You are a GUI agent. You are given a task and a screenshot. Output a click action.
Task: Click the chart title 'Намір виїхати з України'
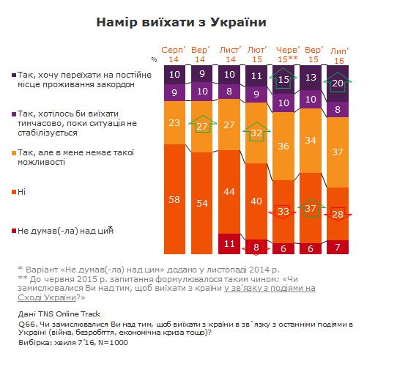[181, 22]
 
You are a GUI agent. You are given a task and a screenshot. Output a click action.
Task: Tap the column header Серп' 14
[174, 54]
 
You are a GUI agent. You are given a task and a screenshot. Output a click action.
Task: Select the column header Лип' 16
[339, 56]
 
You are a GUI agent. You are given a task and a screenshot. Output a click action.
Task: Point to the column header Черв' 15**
[288, 54]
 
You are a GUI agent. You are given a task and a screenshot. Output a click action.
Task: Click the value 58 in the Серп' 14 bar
[174, 199]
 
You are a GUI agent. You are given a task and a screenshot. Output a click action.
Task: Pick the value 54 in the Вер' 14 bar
[201, 203]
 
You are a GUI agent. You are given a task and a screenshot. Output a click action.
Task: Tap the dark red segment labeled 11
[229, 244]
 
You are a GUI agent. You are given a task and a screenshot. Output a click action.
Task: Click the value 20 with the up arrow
[338, 83]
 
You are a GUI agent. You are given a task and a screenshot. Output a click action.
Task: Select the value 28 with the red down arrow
[338, 215]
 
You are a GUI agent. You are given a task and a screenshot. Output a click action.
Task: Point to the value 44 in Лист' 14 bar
[229, 191]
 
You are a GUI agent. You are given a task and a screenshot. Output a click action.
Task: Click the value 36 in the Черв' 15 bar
[283, 147]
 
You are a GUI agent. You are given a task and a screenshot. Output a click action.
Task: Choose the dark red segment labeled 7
[338, 247]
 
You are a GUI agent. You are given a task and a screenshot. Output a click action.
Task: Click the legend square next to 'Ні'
[14, 192]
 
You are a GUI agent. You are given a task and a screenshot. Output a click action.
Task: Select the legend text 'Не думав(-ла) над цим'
[65, 231]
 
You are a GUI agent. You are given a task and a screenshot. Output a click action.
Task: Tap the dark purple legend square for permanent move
[14, 75]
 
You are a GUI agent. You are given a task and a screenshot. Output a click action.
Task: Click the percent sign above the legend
[154, 59]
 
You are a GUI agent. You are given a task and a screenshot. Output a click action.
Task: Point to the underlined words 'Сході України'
[47, 297]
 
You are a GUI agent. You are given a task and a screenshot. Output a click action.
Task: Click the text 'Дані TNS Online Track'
[59, 314]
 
